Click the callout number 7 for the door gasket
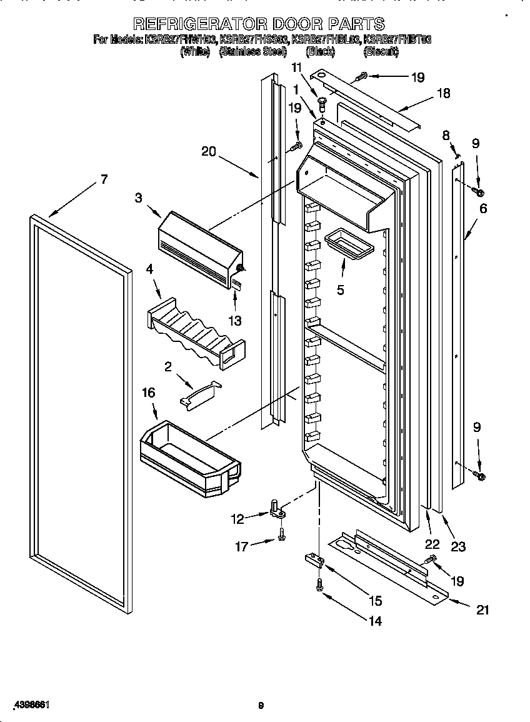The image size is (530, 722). coord(104,180)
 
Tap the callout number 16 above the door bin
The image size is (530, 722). coord(147,393)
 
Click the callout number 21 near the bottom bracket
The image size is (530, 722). coord(482,610)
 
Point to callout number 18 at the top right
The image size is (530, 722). coord(443,94)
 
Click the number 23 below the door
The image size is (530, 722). coord(458,547)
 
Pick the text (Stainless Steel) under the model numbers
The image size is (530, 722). coord(252,53)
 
